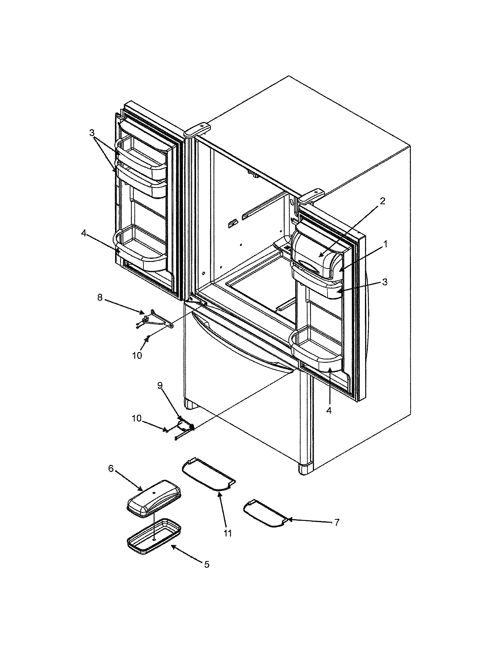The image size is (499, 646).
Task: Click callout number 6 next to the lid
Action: (111, 468)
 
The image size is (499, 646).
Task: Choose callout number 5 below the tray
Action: (207, 564)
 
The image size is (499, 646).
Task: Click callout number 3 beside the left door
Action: (92, 133)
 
